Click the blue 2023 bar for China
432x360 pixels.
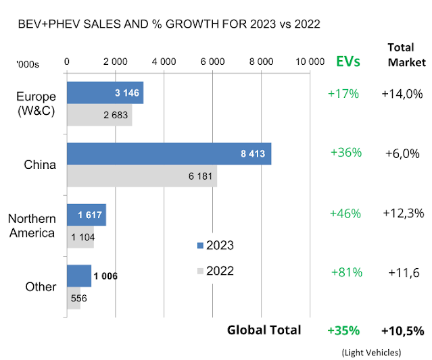[169, 153]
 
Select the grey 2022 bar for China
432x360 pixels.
[142, 176]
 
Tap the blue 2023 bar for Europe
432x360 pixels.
[105, 93]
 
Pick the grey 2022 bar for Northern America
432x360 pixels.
[80, 237]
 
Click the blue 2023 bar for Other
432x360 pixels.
[79, 276]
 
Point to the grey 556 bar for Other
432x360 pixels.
[74, 298]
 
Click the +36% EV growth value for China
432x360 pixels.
[346, 153]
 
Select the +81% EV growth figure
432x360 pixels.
[347, 272]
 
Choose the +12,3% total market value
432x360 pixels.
[402, 213]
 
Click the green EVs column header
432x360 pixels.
[348, 61]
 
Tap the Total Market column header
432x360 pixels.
[406, 55]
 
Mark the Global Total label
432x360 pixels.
[264, 330]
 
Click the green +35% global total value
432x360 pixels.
[343, 330]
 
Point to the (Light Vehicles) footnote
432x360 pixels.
[371, 352]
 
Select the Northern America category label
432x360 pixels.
[31, 226]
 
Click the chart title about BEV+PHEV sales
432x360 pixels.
[169, 24]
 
